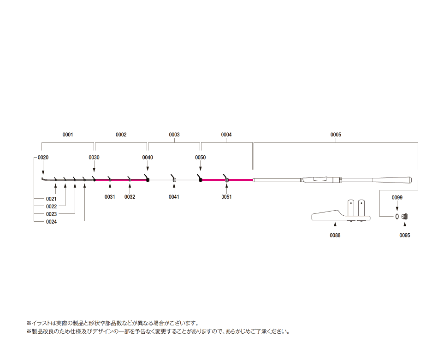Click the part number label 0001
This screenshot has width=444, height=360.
(68, 135)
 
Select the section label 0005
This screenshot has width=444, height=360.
(336, 135)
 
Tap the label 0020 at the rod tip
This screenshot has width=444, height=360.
(43, 157)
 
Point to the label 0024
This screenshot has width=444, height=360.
(51, 222)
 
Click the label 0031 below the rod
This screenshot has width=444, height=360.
(110, 197)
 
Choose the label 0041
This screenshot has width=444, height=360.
(174, 197)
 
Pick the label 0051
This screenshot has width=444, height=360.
(226, 197)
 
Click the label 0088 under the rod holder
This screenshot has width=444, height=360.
(335, 235)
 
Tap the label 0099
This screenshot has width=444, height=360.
(397, 198)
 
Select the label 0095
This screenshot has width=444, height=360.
(405, 235)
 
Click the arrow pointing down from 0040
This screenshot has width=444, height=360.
(148, 166)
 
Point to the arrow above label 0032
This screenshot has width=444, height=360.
(130, 189)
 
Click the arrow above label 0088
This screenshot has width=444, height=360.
(335, 227)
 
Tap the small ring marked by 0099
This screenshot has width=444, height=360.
(397, 217)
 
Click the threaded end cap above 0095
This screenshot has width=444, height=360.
(405, 217)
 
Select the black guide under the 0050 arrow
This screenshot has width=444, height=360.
(200, 179)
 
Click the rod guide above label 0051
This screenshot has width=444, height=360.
(226, 178)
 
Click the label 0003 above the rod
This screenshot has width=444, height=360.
(174, 135)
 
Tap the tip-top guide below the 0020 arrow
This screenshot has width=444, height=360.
(43, 179)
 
